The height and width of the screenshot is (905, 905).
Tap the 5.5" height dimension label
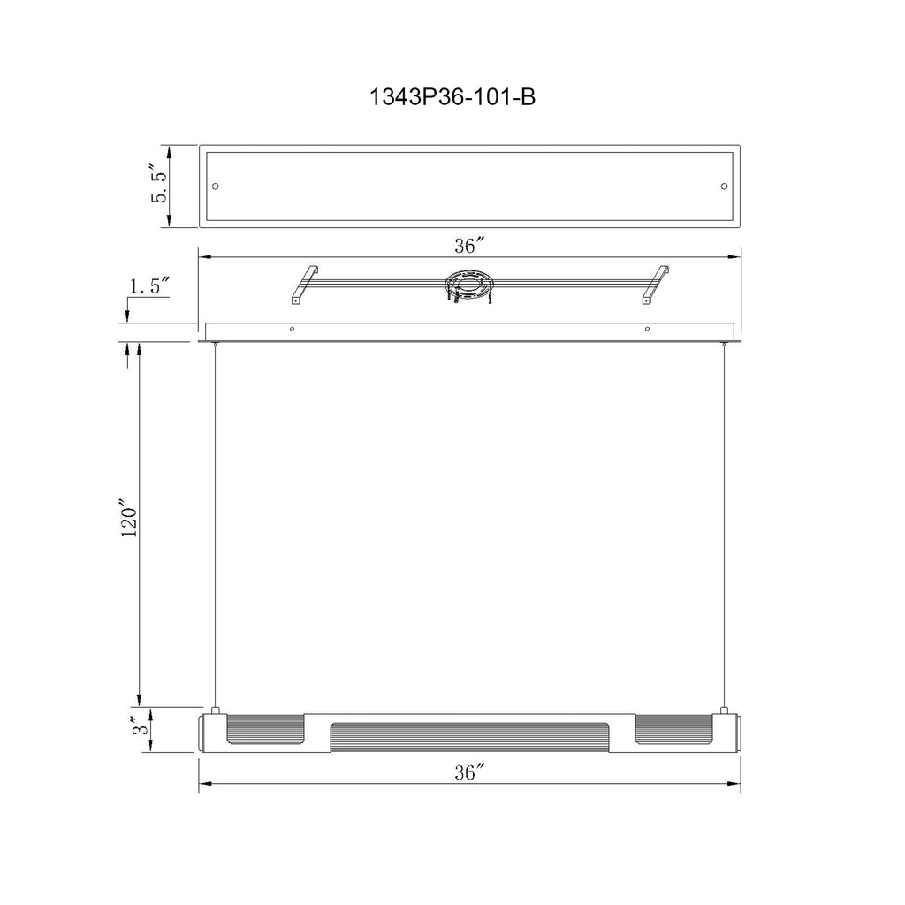tap(160, 184)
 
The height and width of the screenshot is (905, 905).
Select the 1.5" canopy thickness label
tap(149, 285)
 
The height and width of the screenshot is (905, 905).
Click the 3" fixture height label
tap(137, 729)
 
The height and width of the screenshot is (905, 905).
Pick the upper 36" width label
tap(469, 246)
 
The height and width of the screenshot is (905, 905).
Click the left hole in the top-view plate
tap(216, 186)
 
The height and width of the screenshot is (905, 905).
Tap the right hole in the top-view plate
tap(725, 186)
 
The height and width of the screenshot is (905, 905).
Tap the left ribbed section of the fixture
tap(266, 731)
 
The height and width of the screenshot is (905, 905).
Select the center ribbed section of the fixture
tap(469, 736)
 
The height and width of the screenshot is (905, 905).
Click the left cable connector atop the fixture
tap(215, 710)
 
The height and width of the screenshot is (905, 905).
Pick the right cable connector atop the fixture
tap(724, 710)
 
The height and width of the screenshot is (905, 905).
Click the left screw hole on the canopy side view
tap(293, 329)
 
